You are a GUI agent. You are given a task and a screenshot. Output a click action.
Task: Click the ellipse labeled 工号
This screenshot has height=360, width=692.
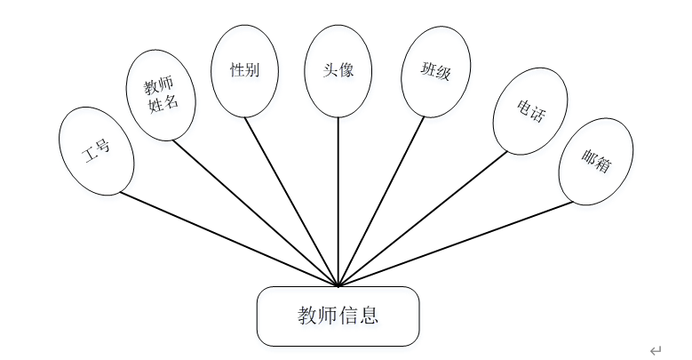[96, 150]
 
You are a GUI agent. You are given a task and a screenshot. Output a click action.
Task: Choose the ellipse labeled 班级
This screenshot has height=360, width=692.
[434, 71]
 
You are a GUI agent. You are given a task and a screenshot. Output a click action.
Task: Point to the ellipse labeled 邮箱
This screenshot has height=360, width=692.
[595, 161]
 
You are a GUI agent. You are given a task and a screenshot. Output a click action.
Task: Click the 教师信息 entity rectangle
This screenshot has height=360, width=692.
[338, 316]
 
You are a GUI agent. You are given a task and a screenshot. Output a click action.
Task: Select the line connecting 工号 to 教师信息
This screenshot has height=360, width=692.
[229, 240]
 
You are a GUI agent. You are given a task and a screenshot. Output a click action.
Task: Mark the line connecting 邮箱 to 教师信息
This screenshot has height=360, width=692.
[456, 244]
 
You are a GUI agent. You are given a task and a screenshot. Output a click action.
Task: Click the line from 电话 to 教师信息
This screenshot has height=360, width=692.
[423, 220]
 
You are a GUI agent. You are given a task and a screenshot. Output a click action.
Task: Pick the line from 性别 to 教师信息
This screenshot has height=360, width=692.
[292, 202]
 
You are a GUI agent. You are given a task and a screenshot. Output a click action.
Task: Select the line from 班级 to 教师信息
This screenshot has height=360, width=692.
[382, 202]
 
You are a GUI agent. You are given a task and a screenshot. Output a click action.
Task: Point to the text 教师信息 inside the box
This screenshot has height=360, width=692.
[338, 316]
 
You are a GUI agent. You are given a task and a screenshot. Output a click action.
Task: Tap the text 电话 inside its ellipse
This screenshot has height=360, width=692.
[530, 109]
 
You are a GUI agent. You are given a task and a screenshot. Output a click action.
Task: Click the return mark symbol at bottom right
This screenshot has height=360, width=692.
[656, 350]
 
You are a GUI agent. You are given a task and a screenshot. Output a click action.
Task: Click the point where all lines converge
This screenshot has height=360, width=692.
[338, 286]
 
